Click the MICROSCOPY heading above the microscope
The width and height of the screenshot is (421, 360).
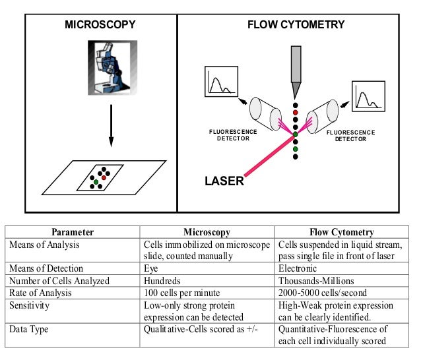100,25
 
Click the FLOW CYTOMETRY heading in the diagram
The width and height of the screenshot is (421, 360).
296,25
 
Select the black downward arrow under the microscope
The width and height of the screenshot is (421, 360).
110,125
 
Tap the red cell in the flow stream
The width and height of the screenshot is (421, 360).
296,111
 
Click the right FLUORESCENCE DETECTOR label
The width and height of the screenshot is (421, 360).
350,136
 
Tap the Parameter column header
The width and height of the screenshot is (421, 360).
73,232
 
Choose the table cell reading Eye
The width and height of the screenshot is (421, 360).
151,268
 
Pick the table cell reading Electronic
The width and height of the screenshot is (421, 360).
298,268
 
